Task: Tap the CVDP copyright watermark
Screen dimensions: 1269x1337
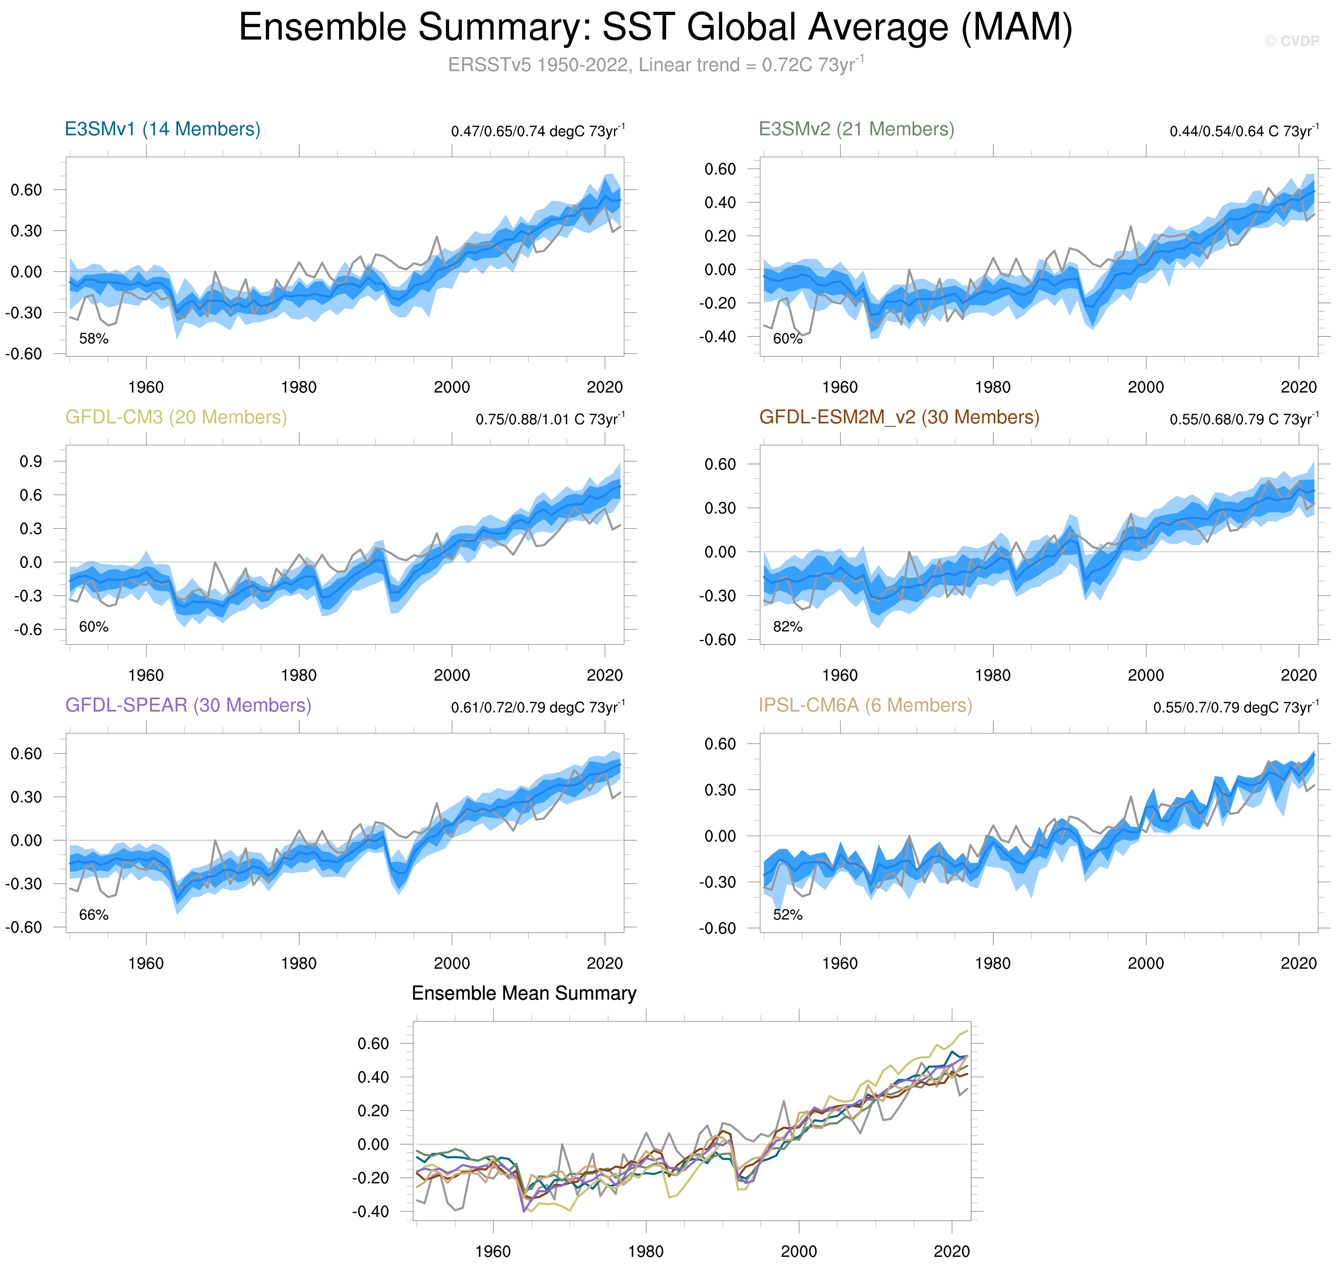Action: click(x=1291, y=41)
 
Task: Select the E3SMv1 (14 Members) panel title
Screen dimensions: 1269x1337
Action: click(x=162, y=129)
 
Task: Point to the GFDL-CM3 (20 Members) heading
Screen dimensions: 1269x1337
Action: click(x=176, y=417)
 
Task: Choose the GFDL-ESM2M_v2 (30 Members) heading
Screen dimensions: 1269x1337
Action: click(x=899, y=417)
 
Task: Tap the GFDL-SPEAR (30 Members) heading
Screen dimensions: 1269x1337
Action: click(x=188, y=706)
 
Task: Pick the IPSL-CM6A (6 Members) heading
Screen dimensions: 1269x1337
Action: click(x=865, y=706)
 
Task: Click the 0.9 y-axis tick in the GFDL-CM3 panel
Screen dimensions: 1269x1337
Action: click(x=30, y=462)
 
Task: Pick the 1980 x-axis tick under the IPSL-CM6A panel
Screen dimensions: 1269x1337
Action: click(x=992, y=963)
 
